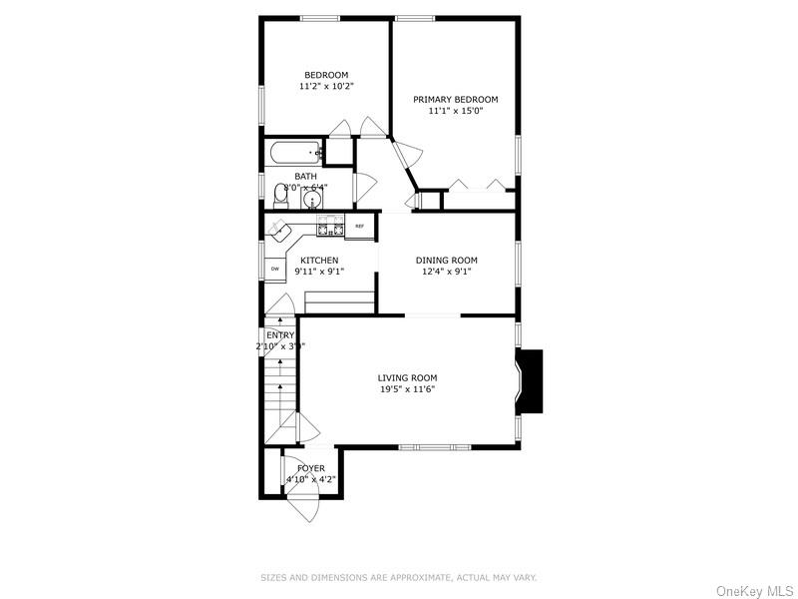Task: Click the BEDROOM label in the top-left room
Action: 326,75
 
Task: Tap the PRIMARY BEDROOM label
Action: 456,100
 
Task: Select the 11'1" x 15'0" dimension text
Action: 456,113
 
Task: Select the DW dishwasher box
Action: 273,269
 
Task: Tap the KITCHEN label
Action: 320,261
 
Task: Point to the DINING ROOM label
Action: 447,261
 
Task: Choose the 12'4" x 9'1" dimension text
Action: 447,272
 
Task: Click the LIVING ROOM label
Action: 407,377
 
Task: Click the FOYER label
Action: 311,468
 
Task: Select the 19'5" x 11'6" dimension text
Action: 407,389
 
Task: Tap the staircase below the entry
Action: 280,399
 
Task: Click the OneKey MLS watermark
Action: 754,590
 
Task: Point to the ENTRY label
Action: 280,335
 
